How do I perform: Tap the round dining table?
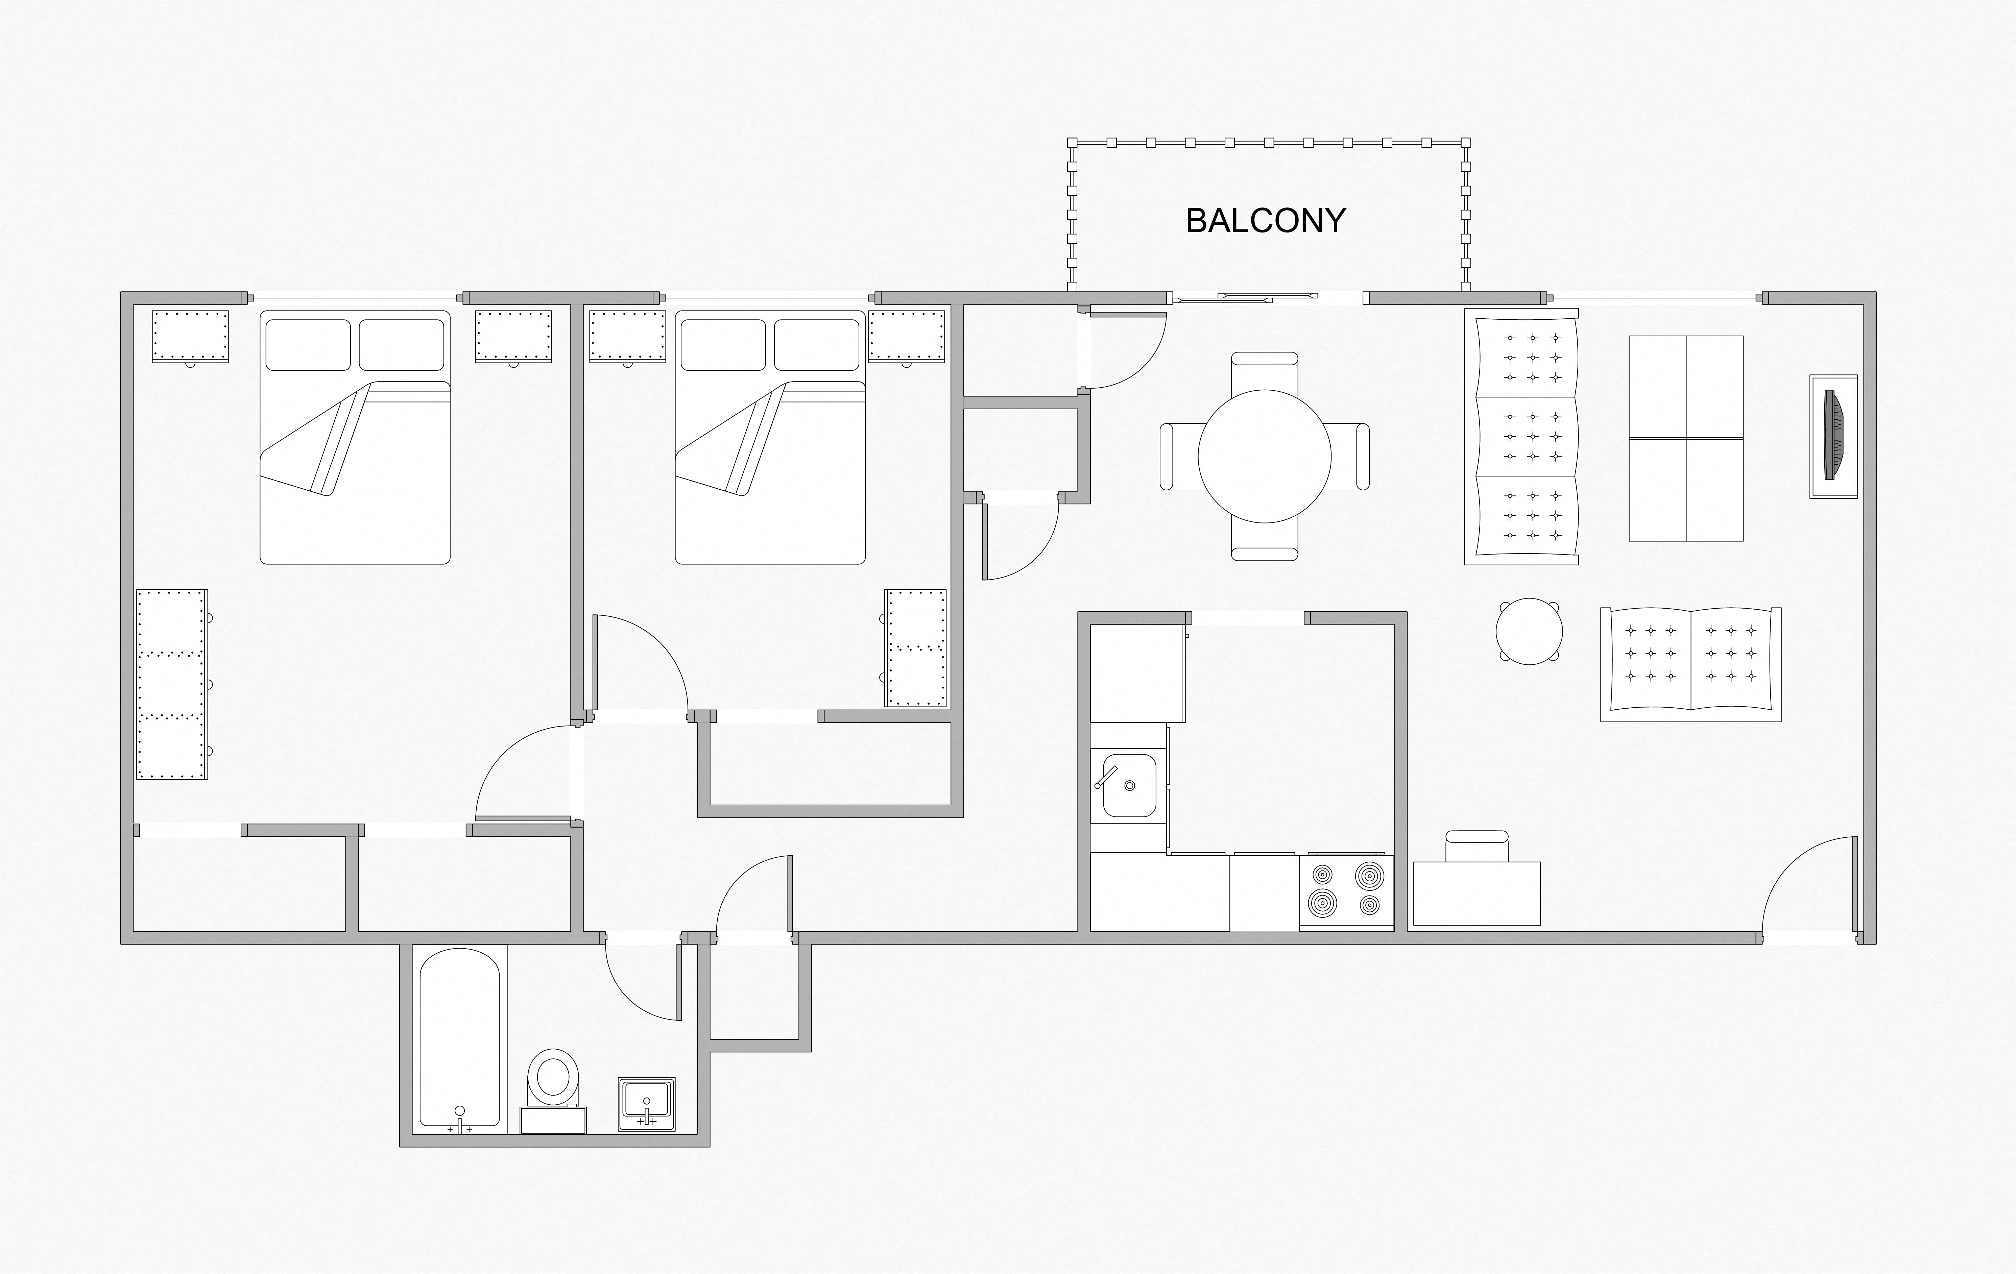pyautogui.click(x=1264, y=456)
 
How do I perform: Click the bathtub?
pyautogui.click(x=460, y=1038)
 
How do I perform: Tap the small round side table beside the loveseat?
pyautogui.click(x=1529, y=631)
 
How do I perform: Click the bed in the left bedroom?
pyautogui.click(x=355, y=437)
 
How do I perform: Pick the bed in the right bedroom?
pyautogui.click(x=769, y=437)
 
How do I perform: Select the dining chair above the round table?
pyautogui.click(x=1264, y=370)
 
